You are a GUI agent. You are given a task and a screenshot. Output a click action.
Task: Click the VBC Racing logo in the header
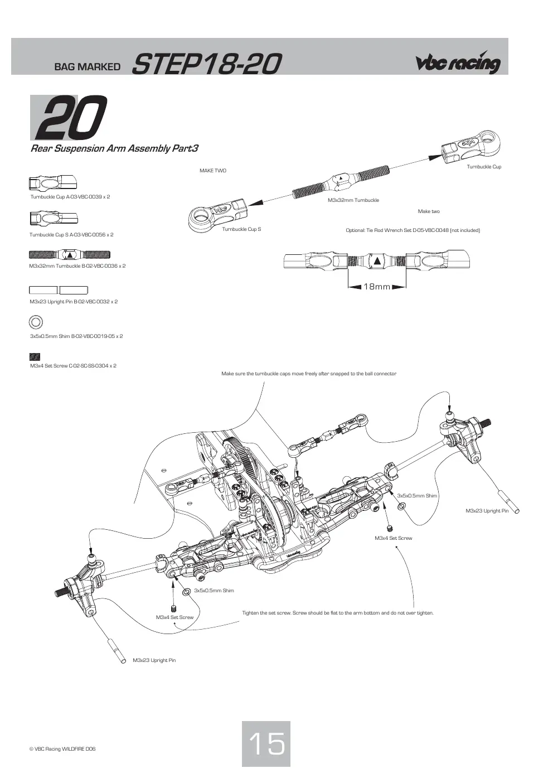pyautogui.click(x=458, y=62)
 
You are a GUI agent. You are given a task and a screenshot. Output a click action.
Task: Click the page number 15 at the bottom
pyautogui.click(x=266, y=743)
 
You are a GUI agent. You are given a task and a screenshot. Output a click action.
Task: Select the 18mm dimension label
pyautogui.click(x=377, y=287)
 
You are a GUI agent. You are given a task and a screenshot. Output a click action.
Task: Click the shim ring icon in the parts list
pyautogui.click(x=36, y=322)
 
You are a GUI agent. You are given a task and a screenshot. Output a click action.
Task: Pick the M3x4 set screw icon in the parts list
pyautogui.click(x=35, y=357)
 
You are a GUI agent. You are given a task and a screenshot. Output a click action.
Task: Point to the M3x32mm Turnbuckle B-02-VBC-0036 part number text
pyautogui.click(x=77, y=266)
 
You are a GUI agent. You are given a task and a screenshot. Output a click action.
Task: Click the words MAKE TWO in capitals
pyautogui.click(x=213, y=171)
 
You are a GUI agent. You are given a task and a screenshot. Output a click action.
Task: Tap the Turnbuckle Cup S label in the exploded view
pyautogui.click(x=241, y=229)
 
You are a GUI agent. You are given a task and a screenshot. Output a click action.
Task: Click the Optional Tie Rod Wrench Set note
pyautogui.click(x=413, y=230)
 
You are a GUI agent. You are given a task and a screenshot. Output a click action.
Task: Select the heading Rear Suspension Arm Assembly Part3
pyautogui.click(x=114, y=148)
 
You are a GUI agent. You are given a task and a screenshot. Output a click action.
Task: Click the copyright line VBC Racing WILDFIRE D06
pyautogui.click(x=62, y=749)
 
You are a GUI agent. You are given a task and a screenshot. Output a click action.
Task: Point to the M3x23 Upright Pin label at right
pyautogui.click(x=487, y=511)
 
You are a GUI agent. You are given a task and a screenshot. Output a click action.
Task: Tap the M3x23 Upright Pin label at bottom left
pyautogui.click(x=154, y=660)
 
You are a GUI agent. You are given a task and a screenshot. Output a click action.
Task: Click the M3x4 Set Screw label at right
pyautogui.click(x=394, y=538)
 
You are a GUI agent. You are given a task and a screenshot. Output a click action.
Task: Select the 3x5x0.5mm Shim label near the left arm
pyautogui.click(x=214, y=591)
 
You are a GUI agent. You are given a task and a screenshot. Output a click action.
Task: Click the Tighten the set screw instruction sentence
pyautogui.click(x=338, y=613)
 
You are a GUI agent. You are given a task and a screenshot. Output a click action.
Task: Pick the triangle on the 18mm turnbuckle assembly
pyautogui.click(x=377, y=261)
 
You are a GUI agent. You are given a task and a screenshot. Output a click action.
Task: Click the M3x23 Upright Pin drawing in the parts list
pyautogui.click(x=59, y=290)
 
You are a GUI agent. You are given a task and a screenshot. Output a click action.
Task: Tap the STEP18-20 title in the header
pyautogui.click(x=206, y=64)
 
